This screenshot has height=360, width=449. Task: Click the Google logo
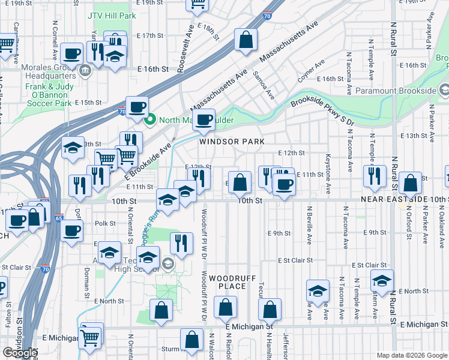point(19,352)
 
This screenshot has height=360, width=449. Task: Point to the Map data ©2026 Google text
point(411,355)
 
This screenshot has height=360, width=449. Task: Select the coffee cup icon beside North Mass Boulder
point(203,118)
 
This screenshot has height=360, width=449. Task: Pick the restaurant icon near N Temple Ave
point(372,175)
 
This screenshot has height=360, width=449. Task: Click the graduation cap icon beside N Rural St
point(382,280)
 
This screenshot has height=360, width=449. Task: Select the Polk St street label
point(104,223)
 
